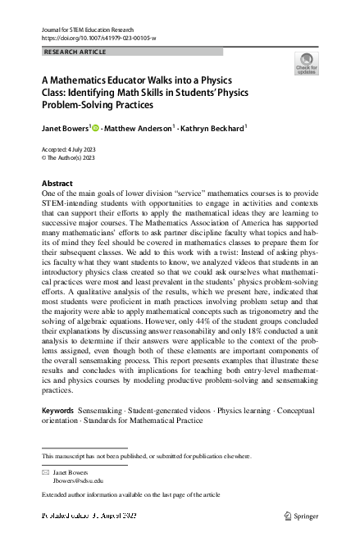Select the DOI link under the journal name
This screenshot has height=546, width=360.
(98, 39)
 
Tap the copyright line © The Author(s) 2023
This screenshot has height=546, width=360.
(68, 157)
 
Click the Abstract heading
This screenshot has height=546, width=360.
(57, 183)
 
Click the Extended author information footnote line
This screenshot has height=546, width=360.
(130, 495)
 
